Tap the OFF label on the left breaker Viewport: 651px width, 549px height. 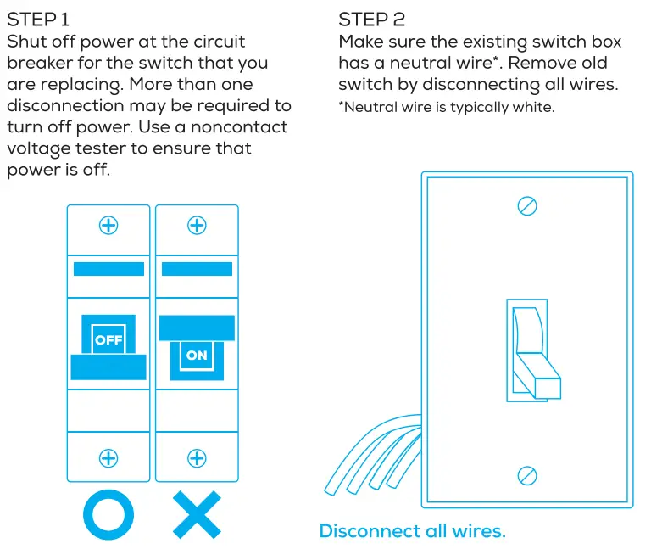pos(108,339)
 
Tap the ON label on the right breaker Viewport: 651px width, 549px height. pos(197,356)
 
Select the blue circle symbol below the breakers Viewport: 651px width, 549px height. pos(108,514)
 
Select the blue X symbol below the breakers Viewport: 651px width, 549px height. pos(197,514)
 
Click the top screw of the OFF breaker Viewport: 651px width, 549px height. pos(108,225)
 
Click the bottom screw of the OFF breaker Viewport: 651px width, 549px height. pos(108,458)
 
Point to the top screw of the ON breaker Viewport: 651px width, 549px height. pos(197,225)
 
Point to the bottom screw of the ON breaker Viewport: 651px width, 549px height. pos(197,458)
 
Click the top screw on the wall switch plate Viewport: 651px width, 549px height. pos(527,206)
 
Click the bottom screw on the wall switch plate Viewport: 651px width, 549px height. pos(527,474)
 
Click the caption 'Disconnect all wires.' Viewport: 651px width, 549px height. pos(412,531)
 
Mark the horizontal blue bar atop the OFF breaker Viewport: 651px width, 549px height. pos(108,269)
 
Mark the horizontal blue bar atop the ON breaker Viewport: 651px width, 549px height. pos(197,269)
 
